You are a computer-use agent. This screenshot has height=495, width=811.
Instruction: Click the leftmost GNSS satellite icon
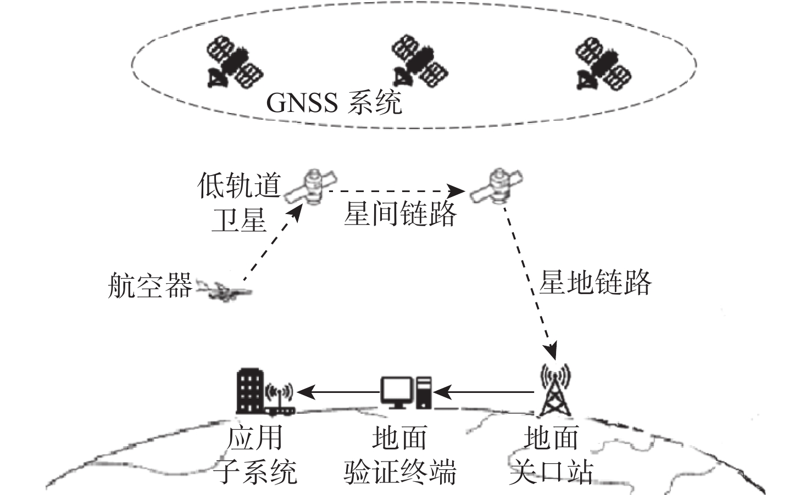click(234, 61)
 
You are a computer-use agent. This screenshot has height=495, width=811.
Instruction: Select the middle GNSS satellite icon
click(420, 61)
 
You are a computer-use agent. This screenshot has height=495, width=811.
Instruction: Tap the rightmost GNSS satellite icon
click(603, 64)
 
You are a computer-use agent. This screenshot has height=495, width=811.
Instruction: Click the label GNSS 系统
click(334, 103)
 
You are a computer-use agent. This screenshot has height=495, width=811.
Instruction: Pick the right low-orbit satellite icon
click(496, 185)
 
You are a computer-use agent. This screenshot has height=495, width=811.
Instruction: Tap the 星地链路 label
click(595, 282)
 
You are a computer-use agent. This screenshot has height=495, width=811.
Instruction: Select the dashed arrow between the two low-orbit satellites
click(397, 190)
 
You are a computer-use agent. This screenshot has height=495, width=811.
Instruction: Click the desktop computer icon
click(406, 392)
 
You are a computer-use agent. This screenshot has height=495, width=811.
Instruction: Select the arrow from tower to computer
click(484, 392)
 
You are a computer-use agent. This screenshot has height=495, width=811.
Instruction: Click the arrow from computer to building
click(338, 392)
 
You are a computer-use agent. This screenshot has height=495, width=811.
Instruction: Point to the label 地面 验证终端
click(399, 455)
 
